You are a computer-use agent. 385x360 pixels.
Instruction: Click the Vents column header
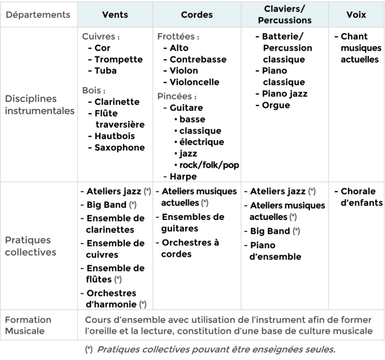(x=115, y=15)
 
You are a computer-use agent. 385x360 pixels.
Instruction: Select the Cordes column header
(x=197, y=15)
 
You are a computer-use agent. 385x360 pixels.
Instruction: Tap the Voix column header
(x=356, y=15)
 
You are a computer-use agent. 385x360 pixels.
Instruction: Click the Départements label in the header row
(x=38, y=15)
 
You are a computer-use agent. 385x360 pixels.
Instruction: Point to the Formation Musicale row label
(x=28, y=325)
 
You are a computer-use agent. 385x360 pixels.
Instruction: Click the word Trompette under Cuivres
(x=119, y=59)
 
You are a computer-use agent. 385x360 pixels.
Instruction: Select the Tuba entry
(x=106, y=71)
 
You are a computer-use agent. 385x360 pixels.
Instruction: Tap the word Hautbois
(x=114, y=136)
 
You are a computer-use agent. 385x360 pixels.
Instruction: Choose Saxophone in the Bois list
(x=120, y=148)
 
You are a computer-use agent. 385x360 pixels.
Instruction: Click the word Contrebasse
(x=198, y=59)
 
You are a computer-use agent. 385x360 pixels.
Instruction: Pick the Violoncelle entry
(x=194, y=82)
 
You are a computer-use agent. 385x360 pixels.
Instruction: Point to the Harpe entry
(x=183, y=176)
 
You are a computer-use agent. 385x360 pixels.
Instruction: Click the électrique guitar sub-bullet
(x=202, y=142)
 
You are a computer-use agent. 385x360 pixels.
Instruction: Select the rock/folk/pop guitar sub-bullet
(x=209, y=165)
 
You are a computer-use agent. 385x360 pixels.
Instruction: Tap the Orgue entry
(x=276, y=105)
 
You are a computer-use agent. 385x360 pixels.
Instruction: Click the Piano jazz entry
(x=284, y=94)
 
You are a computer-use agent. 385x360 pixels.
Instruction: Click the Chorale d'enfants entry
(x=361, y=197)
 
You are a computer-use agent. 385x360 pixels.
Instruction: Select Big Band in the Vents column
(x=106, y=205)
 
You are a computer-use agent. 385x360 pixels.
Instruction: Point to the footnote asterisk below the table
(x=89, y=349)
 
